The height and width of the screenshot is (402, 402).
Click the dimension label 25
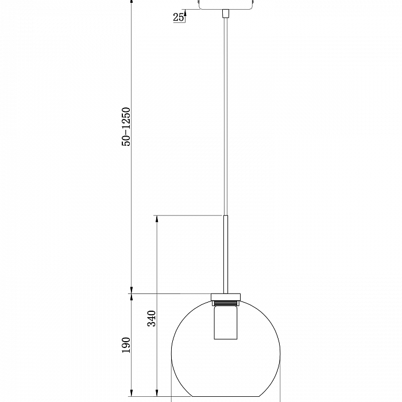click(x=178, y=17)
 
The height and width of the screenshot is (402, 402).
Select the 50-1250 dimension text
click(x=126, y=127)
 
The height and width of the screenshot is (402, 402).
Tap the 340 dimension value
click(x=152, y=318)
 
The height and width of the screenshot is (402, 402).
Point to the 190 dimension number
click(x=126, y=345)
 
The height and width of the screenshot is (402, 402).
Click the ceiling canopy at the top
click(x=226, y=5)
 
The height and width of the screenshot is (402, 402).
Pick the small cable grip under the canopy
click(x=226, y=14)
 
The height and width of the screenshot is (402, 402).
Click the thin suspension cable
click(x=226, y=117)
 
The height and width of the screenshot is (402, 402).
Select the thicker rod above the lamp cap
click(x=226, y=254)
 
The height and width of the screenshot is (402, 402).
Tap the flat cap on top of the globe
click(x=226, y=297)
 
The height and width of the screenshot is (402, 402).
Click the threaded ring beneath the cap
click(x=226, y=304)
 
